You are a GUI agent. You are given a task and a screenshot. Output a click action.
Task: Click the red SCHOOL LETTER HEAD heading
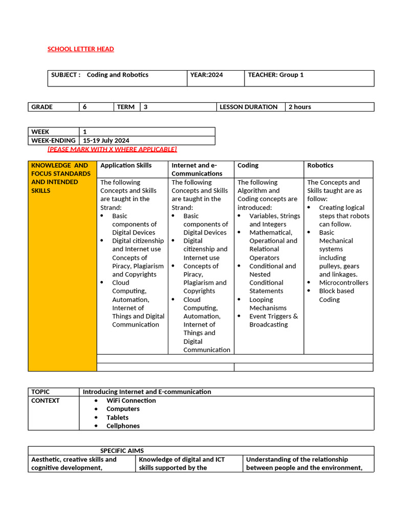tap(80, 49)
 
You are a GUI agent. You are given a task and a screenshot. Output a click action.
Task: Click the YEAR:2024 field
tap(207, 75)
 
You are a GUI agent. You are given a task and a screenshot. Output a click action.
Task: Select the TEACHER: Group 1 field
tap(276, 75)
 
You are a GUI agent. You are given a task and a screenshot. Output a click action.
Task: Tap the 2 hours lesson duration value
tap(300, 107)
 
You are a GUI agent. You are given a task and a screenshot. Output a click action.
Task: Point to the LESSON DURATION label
tap(248, 107)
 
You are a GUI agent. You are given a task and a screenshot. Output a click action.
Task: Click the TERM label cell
tap(126, 107)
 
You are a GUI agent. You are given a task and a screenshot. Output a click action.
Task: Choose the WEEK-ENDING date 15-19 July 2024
tap(106, 140)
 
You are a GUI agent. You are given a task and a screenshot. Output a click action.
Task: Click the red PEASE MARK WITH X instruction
tap(112, 149)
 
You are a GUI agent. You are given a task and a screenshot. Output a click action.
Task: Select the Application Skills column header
tap(126, 165)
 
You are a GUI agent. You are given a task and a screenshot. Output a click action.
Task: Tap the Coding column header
tap(248, 165)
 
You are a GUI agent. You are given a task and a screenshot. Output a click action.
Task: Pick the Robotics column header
tap(320, 165)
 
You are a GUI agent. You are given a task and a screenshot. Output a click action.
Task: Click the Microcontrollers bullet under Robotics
tap(343, 282)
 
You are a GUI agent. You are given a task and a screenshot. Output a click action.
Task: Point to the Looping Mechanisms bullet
tap(268, 304)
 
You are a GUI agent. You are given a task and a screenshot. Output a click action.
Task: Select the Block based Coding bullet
tap(336, 295)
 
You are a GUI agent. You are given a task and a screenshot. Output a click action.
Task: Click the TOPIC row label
tap(40, 391)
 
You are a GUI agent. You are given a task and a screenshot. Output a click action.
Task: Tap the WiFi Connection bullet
tap(131, 400)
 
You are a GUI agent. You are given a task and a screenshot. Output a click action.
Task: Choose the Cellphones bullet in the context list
tap(123, 426)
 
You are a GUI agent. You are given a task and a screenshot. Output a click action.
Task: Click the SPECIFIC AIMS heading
tap(122, 451)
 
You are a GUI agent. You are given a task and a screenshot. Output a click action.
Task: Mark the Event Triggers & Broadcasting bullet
tap(273, 320)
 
